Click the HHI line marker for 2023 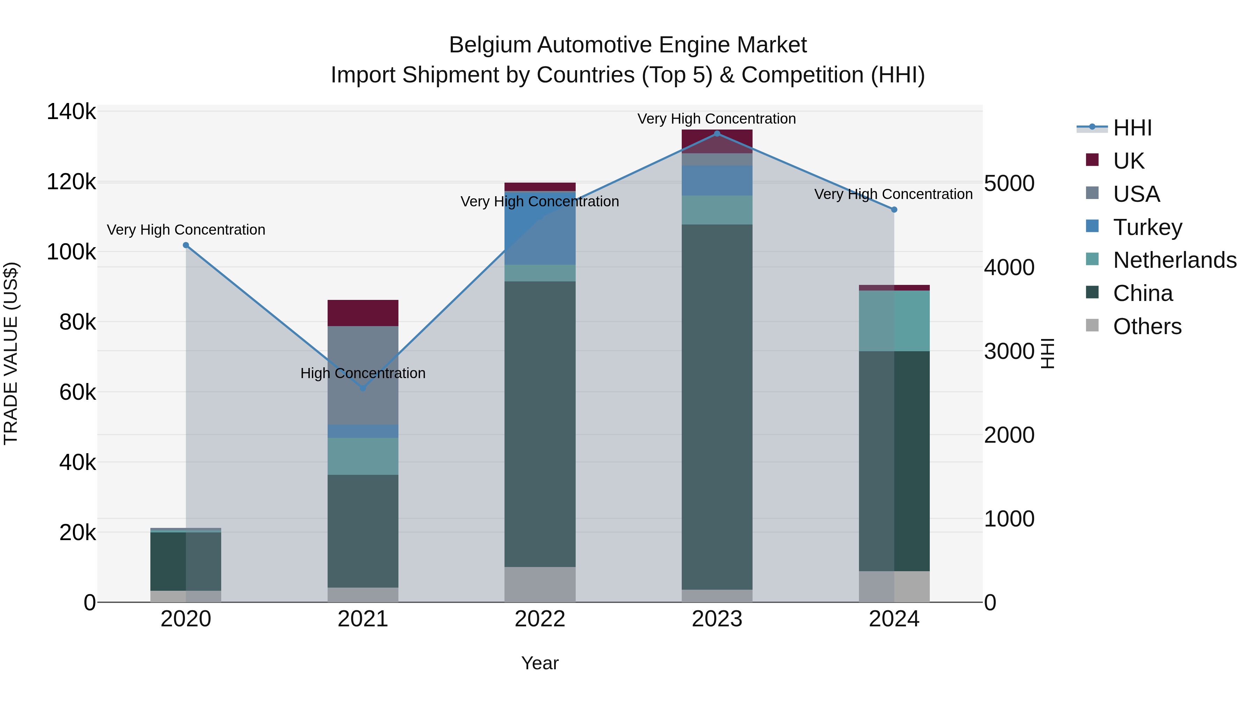[717, 133]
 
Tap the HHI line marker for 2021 [363, 388]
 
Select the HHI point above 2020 [186, 245]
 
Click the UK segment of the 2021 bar [363, 313]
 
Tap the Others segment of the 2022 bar [540, 584]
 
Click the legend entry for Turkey [1147, 227]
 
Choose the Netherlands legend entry [1174, 260]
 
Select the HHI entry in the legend [1132, 128]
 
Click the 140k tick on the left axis [71, 112]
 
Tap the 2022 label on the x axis [540, 619]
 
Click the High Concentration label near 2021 [363, 373]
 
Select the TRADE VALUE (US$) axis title [11, 353]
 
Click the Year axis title [540, 663]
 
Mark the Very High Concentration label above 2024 [893, 194]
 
